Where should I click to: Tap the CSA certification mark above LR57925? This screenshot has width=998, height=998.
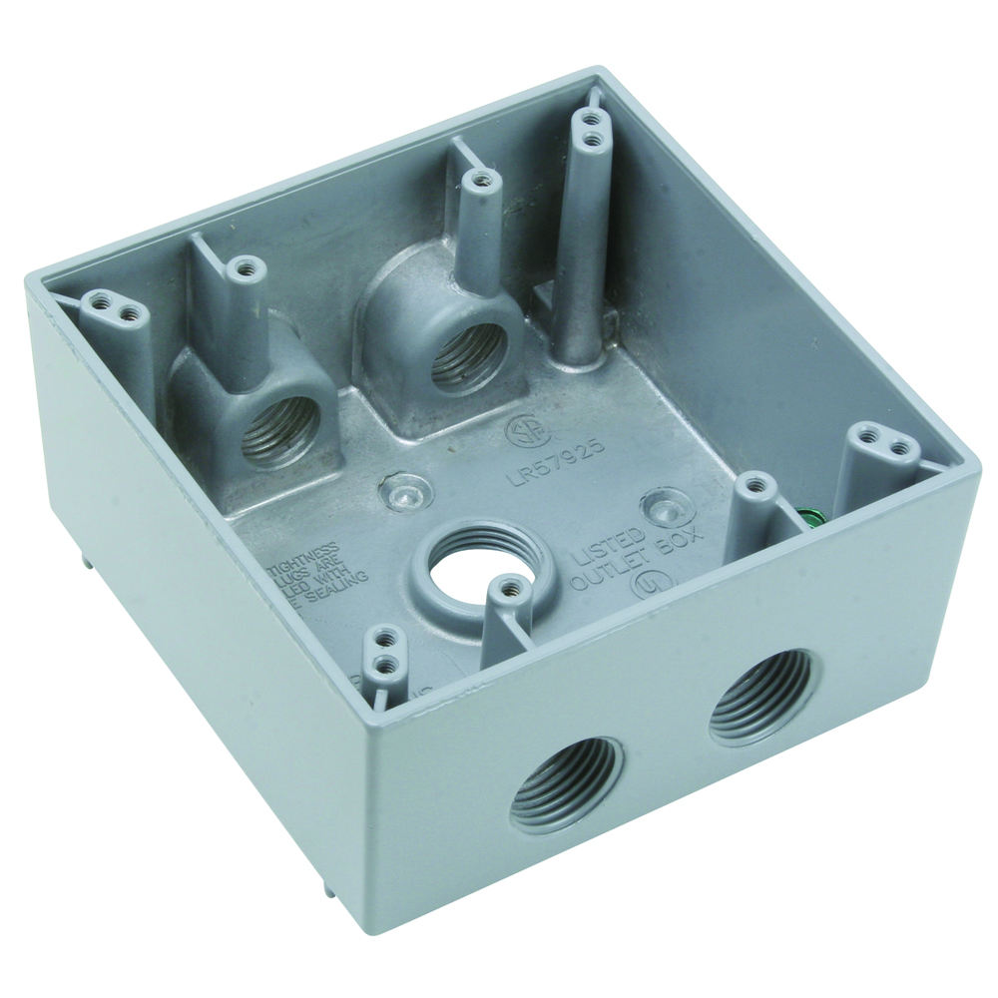click(x=522, y=432)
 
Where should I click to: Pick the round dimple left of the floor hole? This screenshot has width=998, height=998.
click(x=407, y=492)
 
